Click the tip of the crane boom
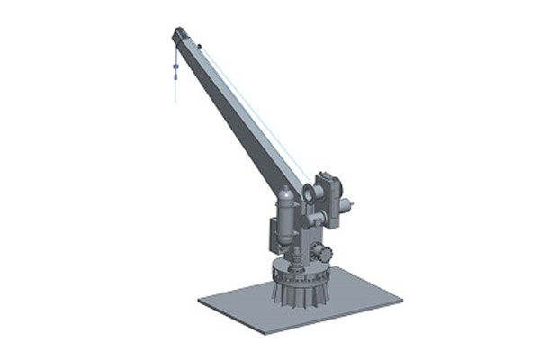pos(177,33)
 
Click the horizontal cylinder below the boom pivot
pos(313,218)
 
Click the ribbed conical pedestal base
pos(297,288)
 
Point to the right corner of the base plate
pos(401,296)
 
